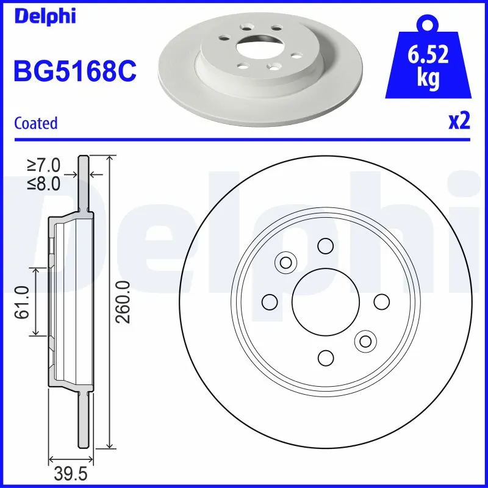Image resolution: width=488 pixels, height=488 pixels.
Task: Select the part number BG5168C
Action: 74,72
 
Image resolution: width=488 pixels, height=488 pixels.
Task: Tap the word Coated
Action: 35,123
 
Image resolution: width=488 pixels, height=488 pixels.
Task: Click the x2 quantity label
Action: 459,121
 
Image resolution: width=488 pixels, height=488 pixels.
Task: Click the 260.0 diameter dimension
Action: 123,302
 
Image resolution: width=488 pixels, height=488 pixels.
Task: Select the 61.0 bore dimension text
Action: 23,302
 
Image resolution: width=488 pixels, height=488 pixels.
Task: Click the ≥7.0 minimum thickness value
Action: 44,165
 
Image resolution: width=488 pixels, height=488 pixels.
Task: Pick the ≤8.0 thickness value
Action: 44,184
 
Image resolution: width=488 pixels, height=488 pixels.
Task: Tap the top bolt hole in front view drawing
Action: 325,246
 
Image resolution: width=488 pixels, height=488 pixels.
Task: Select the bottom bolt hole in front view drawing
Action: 325,357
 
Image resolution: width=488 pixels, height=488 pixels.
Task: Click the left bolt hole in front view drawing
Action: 269,301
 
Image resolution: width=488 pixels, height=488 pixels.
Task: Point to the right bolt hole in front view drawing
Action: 381,301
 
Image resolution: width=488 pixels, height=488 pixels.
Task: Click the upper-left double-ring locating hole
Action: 285,262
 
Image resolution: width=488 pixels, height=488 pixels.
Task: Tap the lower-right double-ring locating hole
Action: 365,341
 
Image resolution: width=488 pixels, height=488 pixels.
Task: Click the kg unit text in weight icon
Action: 429,80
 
